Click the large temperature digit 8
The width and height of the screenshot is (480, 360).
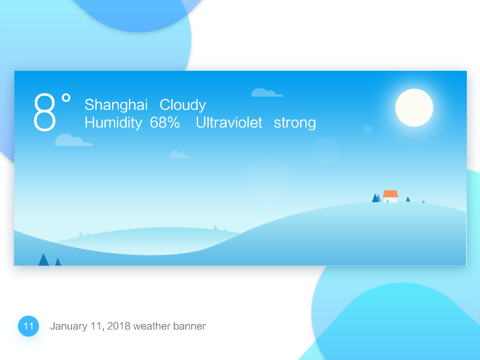[x=44, y=112]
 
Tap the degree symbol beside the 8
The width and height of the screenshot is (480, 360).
[x=66, y=98]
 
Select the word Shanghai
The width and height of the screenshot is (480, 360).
[x=116, y=105]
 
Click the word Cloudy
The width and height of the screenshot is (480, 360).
[x=182, y=105]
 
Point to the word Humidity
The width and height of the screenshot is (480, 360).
[x=113, y=123]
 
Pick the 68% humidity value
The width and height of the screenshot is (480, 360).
[x=165, y=123]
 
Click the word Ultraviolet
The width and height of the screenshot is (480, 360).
[x=229, y=123]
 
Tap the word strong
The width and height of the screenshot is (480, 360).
[x=295, y=123]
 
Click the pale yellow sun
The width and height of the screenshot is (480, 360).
[x=414, y=107]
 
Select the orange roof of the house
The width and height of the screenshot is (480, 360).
[x=391, y=194]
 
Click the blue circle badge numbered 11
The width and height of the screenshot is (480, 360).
[x=28, y=326]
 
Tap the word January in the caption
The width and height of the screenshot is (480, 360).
[x=69, y=326]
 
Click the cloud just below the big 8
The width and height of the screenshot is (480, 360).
[x=73, y=140]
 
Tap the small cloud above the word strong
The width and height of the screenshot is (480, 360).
[x=266, y=92]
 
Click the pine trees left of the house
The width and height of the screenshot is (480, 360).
[x=376, y=198]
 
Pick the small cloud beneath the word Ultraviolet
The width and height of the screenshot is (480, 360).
[x=179, y=155]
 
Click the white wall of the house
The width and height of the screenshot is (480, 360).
[x=391, y=200]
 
